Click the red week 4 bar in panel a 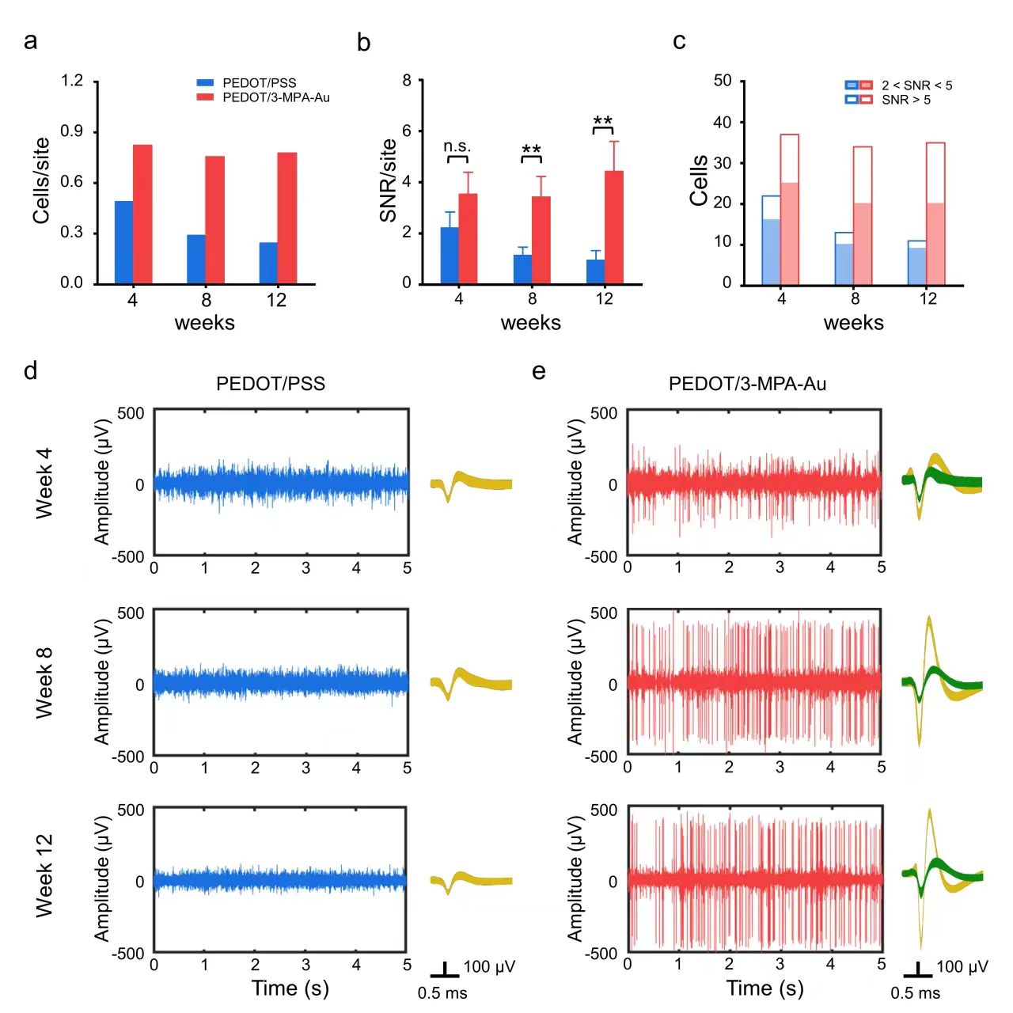142,214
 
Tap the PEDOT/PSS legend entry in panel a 259,83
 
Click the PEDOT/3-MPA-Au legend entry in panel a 275,97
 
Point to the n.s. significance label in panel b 457,146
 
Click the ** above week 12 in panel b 603,122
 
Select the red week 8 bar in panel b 541,240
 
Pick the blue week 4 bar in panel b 450,255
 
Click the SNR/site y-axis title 388,180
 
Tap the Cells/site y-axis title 41,180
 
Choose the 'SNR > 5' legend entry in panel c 905,100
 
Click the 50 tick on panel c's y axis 723,81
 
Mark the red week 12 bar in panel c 935,214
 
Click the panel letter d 31,370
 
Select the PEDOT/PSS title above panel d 271,384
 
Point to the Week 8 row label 44,682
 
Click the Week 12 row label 44,875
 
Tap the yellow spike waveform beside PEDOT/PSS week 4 471,484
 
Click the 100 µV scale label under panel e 962,966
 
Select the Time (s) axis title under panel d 290,988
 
